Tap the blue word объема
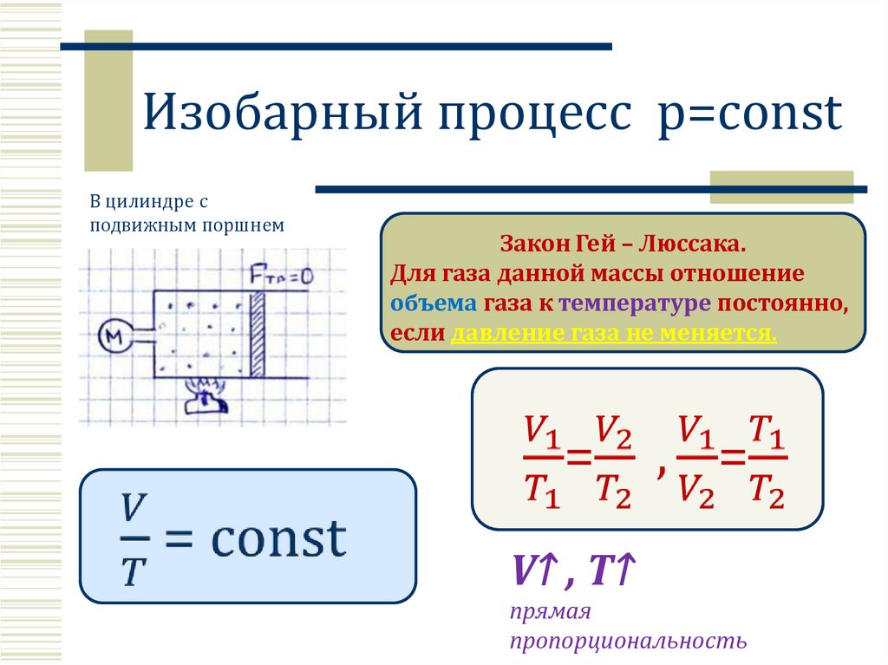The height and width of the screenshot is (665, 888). point(432,303)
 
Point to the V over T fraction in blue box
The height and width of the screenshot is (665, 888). point(132,538)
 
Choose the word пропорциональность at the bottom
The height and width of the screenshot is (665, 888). point(628,641)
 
